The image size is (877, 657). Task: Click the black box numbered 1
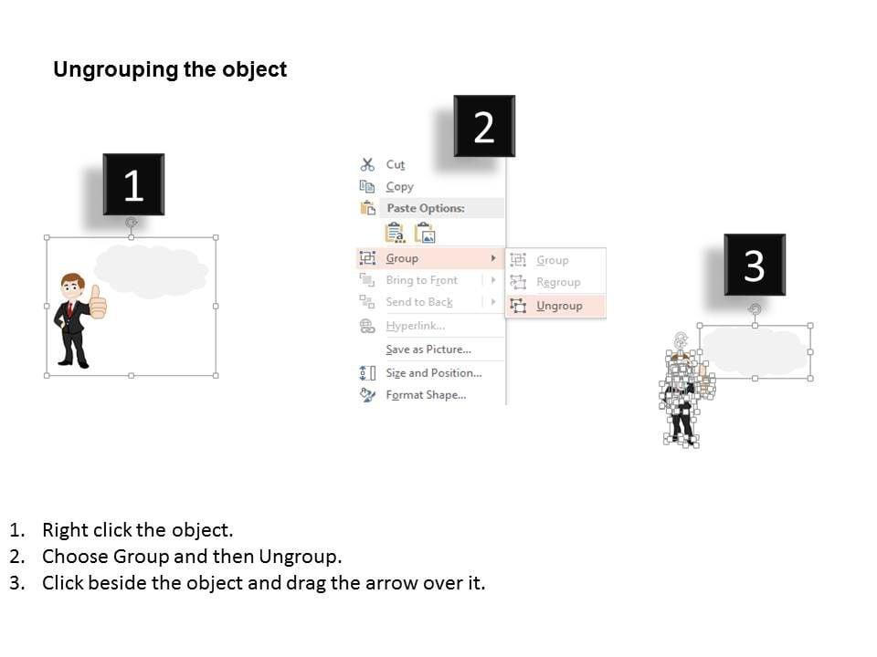tap(133, 184)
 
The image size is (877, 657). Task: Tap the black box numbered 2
tap(484, 126)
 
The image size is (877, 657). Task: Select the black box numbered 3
tap(755, 265)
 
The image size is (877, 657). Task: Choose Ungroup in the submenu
tap(559, 307)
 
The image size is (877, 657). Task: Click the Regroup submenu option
tap(558, 283)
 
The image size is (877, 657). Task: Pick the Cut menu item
tap(395, 165)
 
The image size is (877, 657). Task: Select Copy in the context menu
tap(399, 186)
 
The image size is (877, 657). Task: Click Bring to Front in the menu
tap(422, 280)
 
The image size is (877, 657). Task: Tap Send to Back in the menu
tap(419, 302)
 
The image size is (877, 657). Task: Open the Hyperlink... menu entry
tap(416, 326)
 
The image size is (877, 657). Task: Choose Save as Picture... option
tap(428, 349)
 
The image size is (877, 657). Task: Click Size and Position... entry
tap(433, 373)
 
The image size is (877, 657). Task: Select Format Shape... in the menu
tap(426, 395)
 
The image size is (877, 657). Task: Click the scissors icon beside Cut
tap(367, 165)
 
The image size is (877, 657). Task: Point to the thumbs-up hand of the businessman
tap(98, 303)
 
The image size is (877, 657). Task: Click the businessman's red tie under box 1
tap(70, 308)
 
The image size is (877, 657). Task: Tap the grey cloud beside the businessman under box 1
tap(151, 270)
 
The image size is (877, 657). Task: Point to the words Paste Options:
tap(426, 208)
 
